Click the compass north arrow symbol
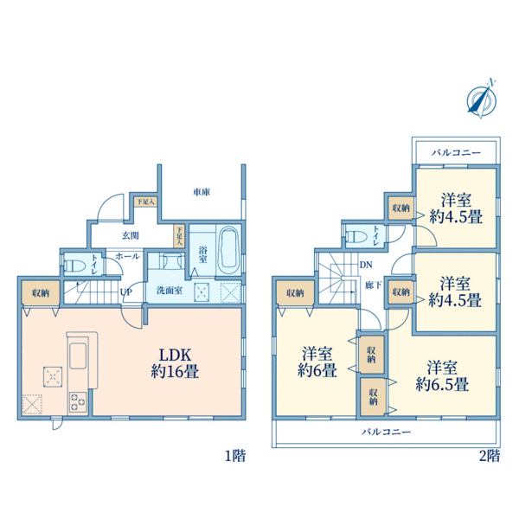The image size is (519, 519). point(482,99)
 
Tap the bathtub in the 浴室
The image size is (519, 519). point(229,248)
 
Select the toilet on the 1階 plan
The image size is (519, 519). point(74,266)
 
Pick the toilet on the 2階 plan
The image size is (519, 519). point(356,237)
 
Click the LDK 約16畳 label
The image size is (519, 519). point(175,363)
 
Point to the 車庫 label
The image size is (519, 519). point(202,192)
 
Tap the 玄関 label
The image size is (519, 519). point(131,235)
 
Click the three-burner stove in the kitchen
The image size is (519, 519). point(78,401)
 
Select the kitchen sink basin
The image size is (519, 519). point(78,356)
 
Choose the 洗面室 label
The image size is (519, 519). point(170,291)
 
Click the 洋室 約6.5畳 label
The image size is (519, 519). point(442,375)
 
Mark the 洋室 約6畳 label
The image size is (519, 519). point(317,362)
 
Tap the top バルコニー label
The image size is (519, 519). point(456,152)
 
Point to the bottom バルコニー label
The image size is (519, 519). point(386,432)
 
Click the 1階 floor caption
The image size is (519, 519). point(235,456)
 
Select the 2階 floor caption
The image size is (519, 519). point(490,456)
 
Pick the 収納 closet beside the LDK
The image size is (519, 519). point(41,292)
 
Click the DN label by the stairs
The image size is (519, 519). point(366,265)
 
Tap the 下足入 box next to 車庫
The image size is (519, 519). point(145,202)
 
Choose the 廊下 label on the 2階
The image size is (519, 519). point(374,285)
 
